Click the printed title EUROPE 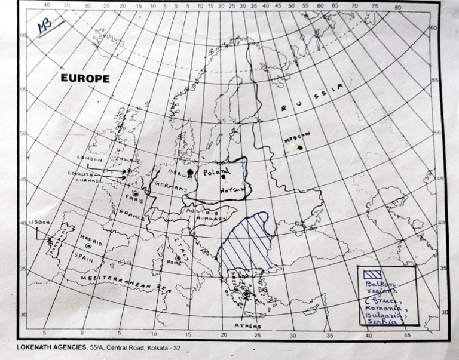tap(85, 78)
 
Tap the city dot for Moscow tap(300, 147)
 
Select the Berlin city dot tap(190, 172)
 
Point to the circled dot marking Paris tap(136, 194)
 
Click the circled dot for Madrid tap(89, 246)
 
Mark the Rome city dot tap(178, 259)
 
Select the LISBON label tap(38, 222)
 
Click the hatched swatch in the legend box tap(372, 273)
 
